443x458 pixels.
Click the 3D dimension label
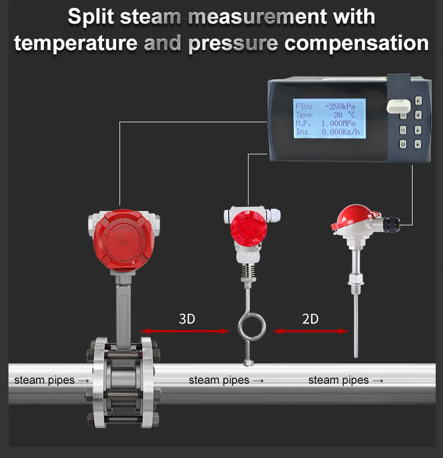click(x=187, y=319)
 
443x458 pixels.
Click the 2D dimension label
click(x=310, y=319)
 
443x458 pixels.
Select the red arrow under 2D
click(x=311, y=331)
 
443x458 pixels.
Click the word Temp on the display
click(x=304, y=115)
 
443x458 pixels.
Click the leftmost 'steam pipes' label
click(x=51, y=380)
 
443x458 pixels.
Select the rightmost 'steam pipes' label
click(x=345, y=380)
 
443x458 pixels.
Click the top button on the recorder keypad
click(x=418, y=101)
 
